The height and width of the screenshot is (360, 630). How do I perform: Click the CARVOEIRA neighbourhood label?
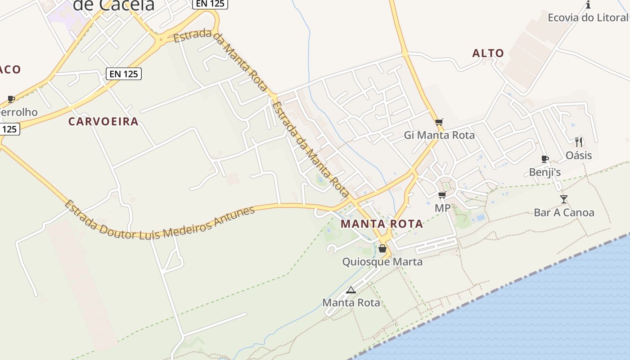click(x=103, y=121)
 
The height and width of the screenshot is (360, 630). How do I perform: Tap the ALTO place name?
click(x=488, y=53)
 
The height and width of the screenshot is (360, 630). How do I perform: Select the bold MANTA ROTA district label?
click(x=382, y=224)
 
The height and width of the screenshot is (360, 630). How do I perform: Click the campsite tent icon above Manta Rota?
click(x=351, y=290)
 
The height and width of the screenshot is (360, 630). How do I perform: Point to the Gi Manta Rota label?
click(x=439, y=135)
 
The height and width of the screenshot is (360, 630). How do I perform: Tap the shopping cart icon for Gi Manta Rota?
click(x=439, y=122)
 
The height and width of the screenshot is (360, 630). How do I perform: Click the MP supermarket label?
click(x=442, y=208)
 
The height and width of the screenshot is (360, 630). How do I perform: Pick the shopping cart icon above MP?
click(x=442, y=195)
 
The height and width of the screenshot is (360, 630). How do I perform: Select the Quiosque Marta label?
click(x=382, y=261)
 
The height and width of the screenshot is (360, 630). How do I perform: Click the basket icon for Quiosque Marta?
click(x=382, y=248)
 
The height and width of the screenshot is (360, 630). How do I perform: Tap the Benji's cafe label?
click(x=544, y=172)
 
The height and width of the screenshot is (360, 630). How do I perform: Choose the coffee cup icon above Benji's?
click(x=544, y=159)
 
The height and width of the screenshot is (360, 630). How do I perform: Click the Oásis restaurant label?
click(x=579, y=155)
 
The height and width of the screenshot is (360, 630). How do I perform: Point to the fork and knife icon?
click(x=579, y=142)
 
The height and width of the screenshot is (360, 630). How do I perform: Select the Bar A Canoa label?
click(x=564, y=212)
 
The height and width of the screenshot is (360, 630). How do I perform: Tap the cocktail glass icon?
click(x=564, y=199)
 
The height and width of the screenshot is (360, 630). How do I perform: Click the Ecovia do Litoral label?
click(x=588, y=18)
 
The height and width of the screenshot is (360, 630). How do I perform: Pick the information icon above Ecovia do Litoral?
click(x=588, y=5)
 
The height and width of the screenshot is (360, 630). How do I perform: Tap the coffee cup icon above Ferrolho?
click(x=11, y=99)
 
